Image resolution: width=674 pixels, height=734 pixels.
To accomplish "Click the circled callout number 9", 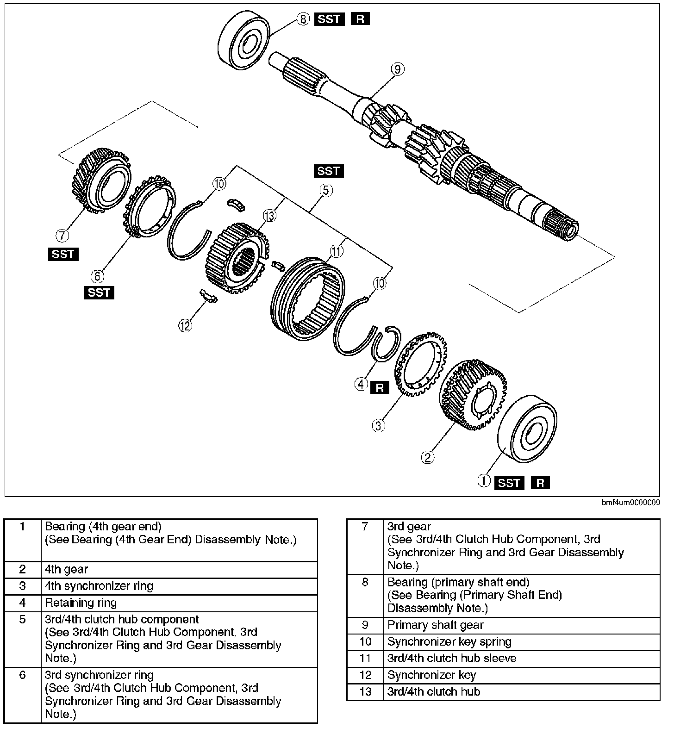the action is [x=397, y=69].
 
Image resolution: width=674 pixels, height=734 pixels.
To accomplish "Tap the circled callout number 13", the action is [x=269, y=216].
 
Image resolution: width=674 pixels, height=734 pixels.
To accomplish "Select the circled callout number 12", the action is [x=185, y=326].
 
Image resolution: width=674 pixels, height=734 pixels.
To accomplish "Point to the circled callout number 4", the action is [x=362, y=384].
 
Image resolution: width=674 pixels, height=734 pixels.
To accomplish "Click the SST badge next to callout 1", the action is [x=509, y=483].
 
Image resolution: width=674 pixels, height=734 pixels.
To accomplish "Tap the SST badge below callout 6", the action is [x=99, y=292].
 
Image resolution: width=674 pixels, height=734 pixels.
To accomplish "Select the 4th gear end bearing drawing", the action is [x=528, y=429].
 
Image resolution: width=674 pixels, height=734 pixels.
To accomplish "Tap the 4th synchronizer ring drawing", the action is [x=421, y=364].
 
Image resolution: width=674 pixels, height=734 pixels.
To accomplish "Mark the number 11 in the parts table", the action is [x=365, y=659].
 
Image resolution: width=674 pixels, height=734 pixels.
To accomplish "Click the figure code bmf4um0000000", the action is [x=631, y=502].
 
